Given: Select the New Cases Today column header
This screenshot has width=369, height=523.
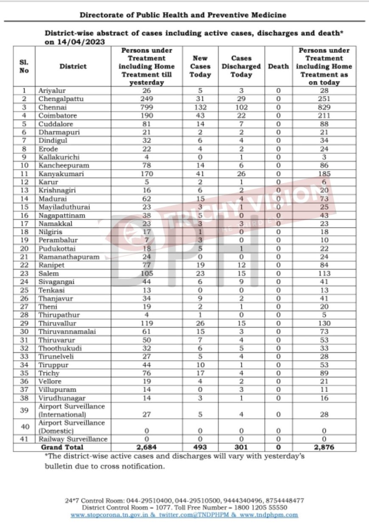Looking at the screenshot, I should pos(200,66).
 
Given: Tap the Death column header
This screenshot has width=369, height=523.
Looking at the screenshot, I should pos(278,66).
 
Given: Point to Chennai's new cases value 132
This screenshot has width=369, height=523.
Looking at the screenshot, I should pos(200,107).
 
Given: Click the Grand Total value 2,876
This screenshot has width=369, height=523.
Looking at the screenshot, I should pos(324,447).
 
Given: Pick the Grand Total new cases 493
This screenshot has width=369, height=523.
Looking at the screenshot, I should pos(200,447).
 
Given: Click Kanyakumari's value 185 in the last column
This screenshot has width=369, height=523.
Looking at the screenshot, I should pos(324,174).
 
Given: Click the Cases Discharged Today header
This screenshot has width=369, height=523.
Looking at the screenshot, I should pos(241,66).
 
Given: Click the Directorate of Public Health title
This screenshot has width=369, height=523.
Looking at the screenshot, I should pos(183,15).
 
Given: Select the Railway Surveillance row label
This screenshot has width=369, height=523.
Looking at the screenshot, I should pos(73,439).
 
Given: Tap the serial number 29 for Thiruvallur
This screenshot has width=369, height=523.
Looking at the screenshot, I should pos(24,323).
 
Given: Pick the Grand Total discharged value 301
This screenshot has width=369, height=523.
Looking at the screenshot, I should pos(241,447).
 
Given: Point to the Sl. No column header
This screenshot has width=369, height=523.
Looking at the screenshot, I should pos(24,66).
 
